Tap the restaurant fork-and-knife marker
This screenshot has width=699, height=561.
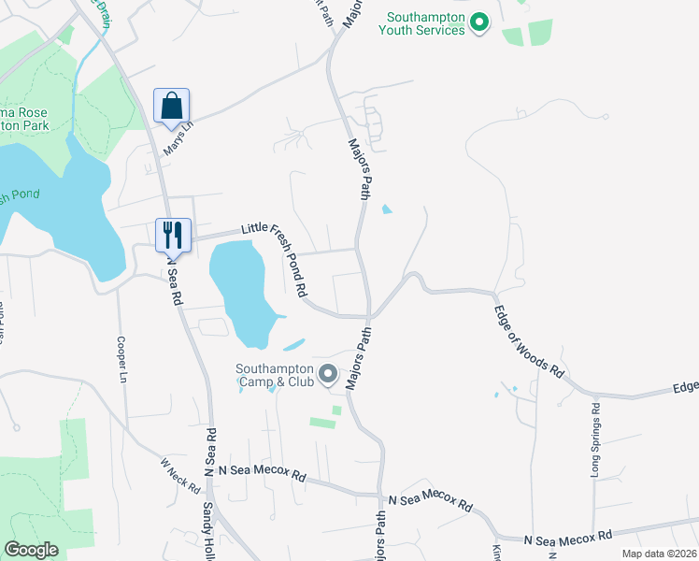172,235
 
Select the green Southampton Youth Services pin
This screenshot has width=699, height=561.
479,21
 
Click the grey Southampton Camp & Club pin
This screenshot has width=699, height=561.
328,375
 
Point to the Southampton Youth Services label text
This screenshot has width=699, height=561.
421,23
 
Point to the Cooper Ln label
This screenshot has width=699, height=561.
121,360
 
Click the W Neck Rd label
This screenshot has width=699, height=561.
179,476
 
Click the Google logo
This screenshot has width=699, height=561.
31,550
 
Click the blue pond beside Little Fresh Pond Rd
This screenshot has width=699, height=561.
241,285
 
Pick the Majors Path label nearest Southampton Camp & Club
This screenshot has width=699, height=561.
360,357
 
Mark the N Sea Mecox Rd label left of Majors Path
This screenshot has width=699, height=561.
262,474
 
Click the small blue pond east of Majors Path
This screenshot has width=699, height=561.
387,209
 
